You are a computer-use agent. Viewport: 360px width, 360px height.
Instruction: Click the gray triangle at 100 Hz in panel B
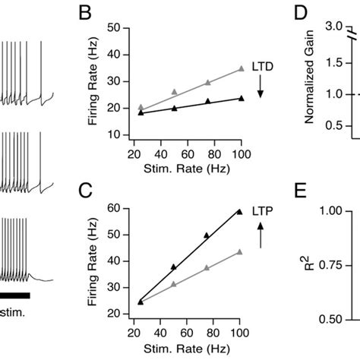pyautogui.click(x=242, y=68)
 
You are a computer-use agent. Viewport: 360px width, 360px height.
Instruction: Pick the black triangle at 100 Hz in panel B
pyautogui.click(x=242, y=97)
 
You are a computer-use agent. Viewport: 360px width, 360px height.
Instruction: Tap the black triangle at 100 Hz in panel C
pyautogui.click(x=240, y=212)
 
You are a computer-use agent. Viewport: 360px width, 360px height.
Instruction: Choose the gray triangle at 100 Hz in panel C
pyautogui.click(x=240, y=251)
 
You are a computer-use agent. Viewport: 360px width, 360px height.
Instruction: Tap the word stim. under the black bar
pyautogui.click(x=14, y=312)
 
